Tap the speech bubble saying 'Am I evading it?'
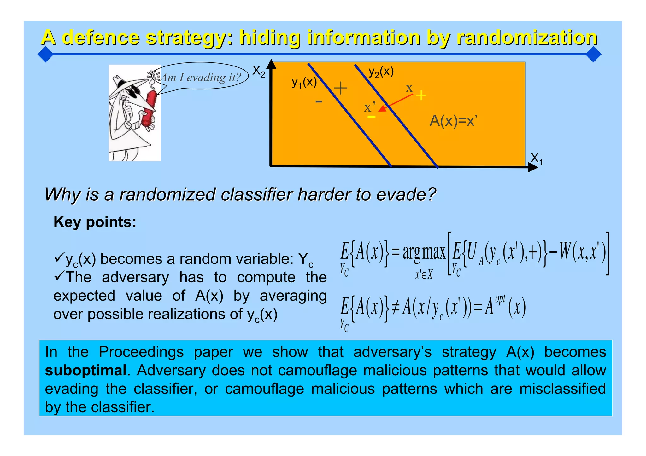click(x=201, y=77)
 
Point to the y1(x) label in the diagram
click(x=304, y=82)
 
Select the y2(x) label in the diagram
click(x=381, y=72)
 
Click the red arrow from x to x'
click(x=396, y=102)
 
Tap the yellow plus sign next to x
click(x=421, y=95)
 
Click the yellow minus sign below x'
click(x=372, y=117)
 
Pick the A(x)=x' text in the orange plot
click(x=453, y=121)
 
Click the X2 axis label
click(x=259, y=72)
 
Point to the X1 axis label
click(x=537, y=159)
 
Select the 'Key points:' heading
click(x=95, y=222)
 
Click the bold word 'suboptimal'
click(x=85, y=370)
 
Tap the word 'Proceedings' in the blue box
click(x=141, y=352)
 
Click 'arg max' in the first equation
click(x=424, y=253)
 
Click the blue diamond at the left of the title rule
click(x=45, y=54)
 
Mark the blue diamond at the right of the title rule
click(x=593, y=54)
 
